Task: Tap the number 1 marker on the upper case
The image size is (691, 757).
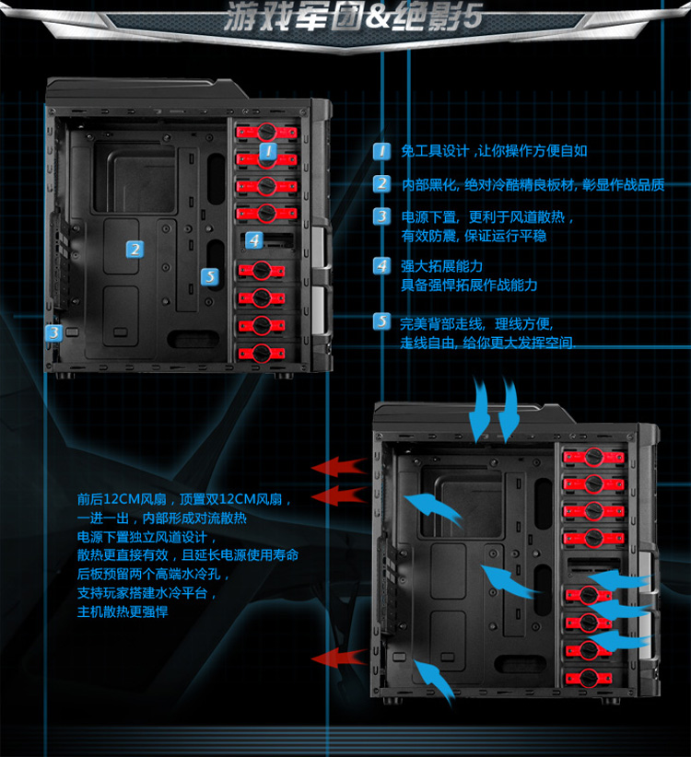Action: click(x=267, y=150)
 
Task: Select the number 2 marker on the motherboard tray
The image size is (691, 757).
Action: click(x=135, y=249)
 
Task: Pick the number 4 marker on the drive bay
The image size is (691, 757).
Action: click(x=253, y=240)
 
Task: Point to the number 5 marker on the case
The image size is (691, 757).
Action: click(x=210, y=275)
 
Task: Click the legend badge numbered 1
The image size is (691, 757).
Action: click(x=381, y=151)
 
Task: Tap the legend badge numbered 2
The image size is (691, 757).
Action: click(x=381, y=184)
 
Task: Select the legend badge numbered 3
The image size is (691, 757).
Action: click(x=381, y=217)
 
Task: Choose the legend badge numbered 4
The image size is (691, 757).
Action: click(x=381, y=266)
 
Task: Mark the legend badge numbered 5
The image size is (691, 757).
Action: click(x=381, y=322)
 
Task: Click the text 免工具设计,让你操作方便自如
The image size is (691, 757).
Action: click(x=494, y=151)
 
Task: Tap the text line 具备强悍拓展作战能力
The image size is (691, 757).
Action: click(x=469, y=285)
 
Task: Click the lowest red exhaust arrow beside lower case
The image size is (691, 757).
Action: click(x=338, y=658)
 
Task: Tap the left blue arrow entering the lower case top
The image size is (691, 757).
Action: click(x=480, y=411)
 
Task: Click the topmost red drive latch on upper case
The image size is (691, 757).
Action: click(x=267, y=132)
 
